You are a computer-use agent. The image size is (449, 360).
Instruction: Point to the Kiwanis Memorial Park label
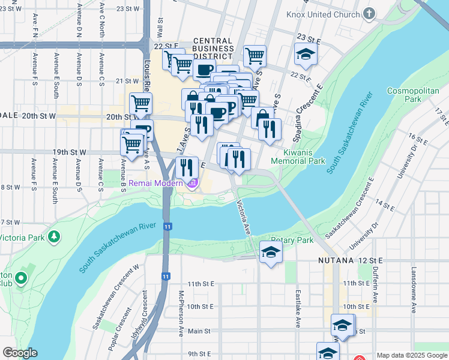click(298, 157)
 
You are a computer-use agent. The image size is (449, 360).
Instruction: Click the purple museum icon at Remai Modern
click(192, 182)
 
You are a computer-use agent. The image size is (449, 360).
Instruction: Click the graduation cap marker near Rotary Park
click(271, 251)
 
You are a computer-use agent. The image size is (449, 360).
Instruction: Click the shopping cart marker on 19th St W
click(132, 143)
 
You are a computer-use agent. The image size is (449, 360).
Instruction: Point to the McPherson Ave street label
click(180, 314)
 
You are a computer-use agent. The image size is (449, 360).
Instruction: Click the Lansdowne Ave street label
click(414, 298)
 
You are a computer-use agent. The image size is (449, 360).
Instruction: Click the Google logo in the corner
click(20, 353)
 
